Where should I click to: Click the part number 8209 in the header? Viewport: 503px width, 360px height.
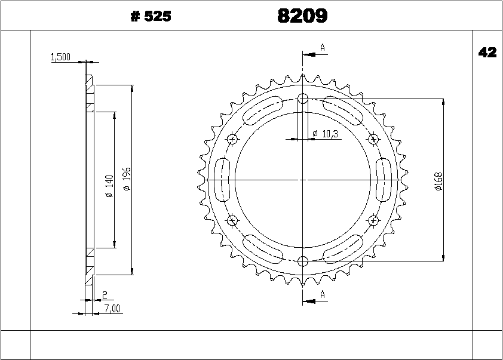302,16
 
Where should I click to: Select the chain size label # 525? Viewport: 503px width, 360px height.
151,17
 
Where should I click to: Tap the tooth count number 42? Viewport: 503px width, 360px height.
487,53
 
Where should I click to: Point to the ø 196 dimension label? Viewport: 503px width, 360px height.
126,179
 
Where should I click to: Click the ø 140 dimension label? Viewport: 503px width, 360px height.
109,186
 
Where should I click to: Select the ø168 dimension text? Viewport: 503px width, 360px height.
438,181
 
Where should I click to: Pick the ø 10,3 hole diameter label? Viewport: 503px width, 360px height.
326,134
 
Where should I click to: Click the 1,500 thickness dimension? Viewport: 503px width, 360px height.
61,57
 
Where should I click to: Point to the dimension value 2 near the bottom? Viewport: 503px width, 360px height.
105,295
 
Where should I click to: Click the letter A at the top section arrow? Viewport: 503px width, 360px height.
323,47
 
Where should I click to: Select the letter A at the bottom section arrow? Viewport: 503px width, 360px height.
323,294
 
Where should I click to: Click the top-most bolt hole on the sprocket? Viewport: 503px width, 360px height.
303,99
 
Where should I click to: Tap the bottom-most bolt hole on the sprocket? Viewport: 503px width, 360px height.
303,260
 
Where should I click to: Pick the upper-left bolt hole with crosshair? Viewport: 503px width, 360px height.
233,139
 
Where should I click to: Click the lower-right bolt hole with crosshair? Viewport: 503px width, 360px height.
373,220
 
